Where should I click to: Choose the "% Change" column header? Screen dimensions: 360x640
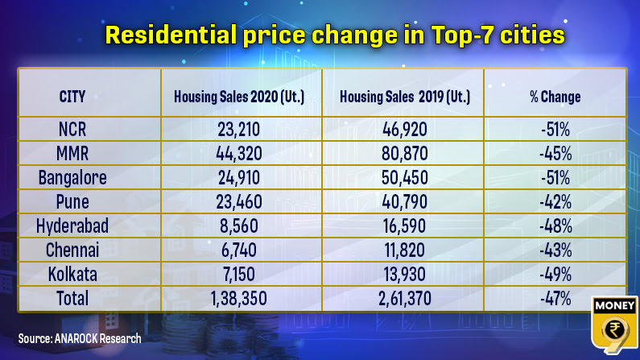pyautogui.click(x=555, y=97)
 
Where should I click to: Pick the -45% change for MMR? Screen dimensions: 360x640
pyautogui.click(x=555, y=152)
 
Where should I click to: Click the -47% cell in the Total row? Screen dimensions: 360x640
pyautogui.click(x=555, y=300)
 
